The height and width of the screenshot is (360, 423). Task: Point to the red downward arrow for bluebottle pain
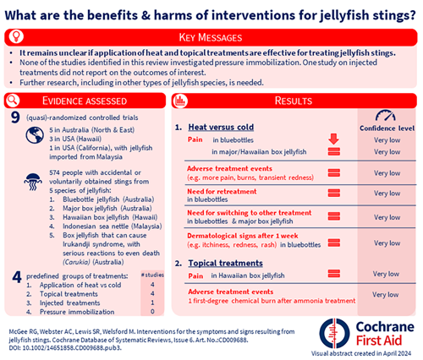click(332, 138)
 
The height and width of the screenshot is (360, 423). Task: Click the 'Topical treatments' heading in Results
click(227, 263)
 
